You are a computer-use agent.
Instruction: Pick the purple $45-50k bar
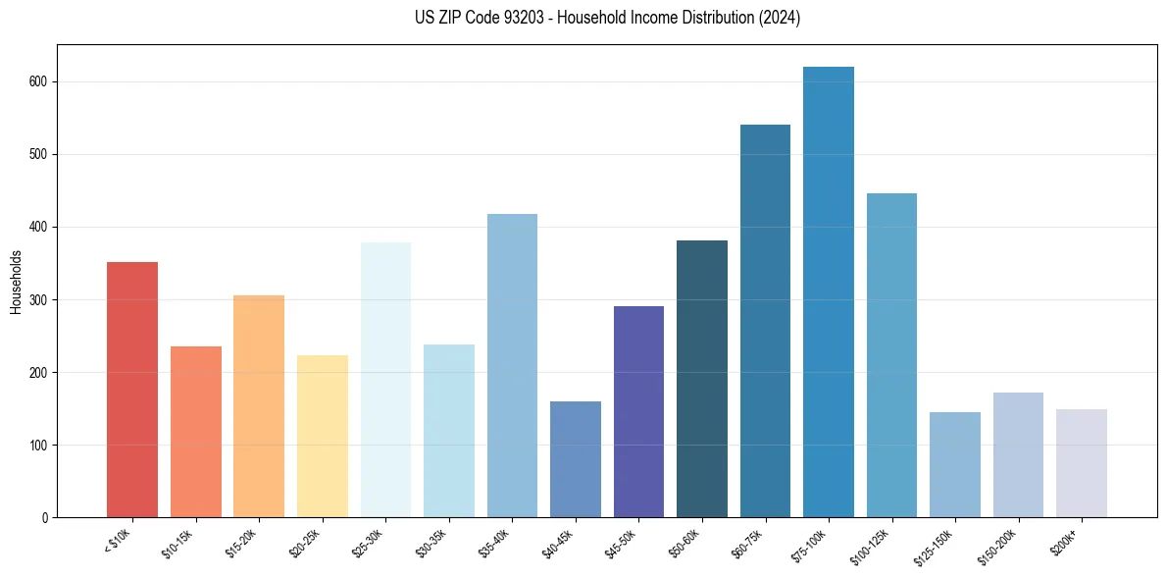point(638,412)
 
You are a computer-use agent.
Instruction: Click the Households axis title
point(16,282)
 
